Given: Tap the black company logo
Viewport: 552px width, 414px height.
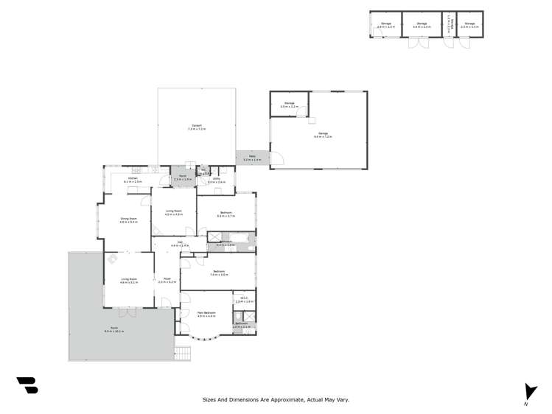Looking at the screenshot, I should click(27, 385).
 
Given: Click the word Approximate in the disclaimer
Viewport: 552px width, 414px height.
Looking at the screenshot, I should click(279, 400).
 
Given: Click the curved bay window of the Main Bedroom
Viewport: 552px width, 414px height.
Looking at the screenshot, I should click(203, 338).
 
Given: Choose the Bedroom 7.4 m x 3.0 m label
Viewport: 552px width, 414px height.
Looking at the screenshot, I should click(219, 272).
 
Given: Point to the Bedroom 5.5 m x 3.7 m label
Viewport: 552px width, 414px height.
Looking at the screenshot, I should click(226, 214).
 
